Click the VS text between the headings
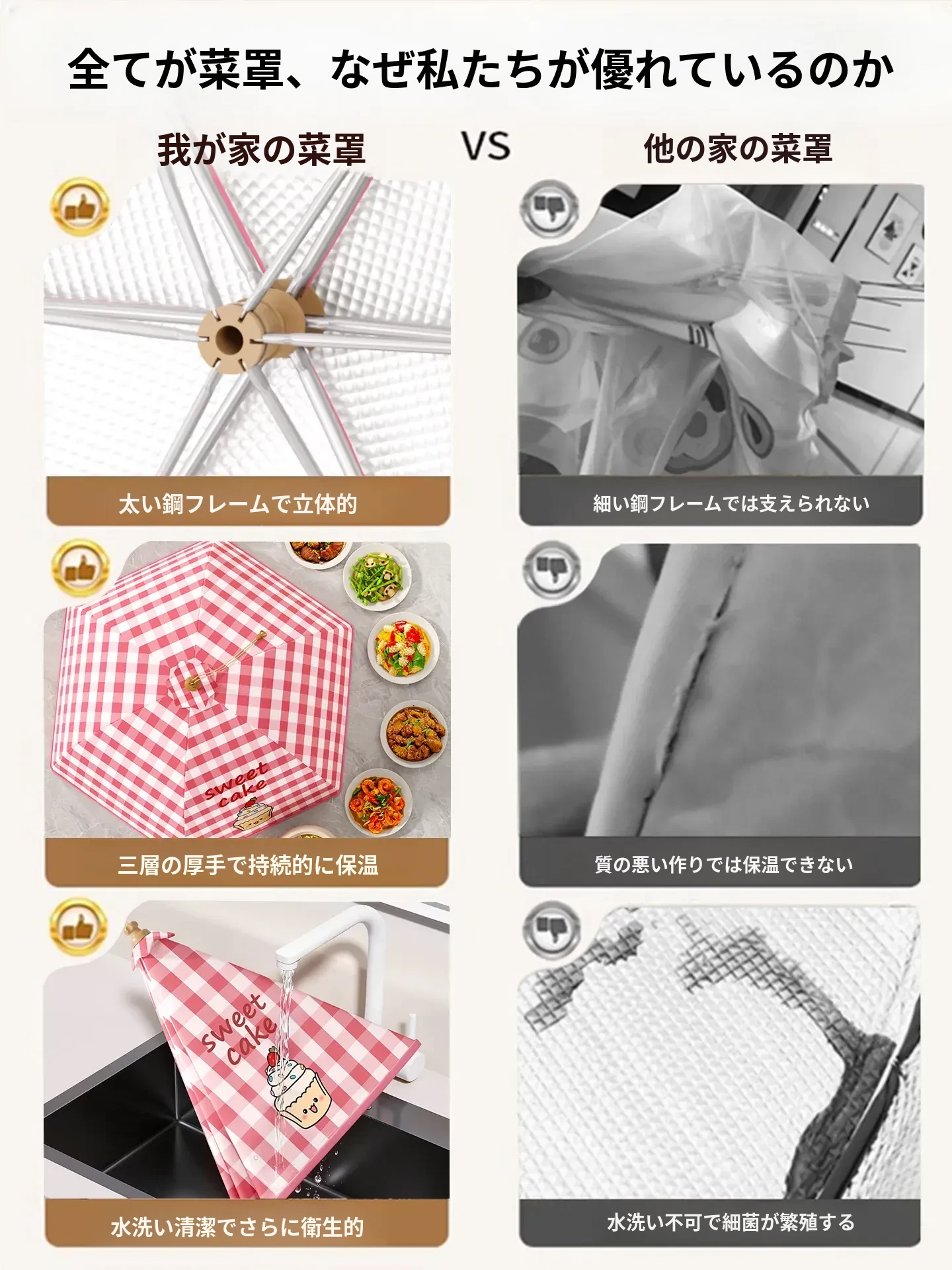[x=487, y=146]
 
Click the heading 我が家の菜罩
[x=261, y=149]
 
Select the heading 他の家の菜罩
[x=738, y=148]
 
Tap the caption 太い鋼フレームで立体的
[x=238, y=504]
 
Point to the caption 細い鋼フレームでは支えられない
[x=731, y=503]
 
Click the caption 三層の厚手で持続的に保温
[x=248, y=865]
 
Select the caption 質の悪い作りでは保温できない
[x=724, y=864]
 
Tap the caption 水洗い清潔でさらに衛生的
[x=237, y=1227]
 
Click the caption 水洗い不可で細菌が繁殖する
[x=731, y=1222]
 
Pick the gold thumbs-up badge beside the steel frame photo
[x=80, y=207]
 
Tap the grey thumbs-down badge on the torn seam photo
[x=551, y=569]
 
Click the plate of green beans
[x=379, y=576]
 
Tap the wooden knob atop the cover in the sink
[x=136, y=933]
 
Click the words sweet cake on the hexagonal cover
[x=236, y=784]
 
